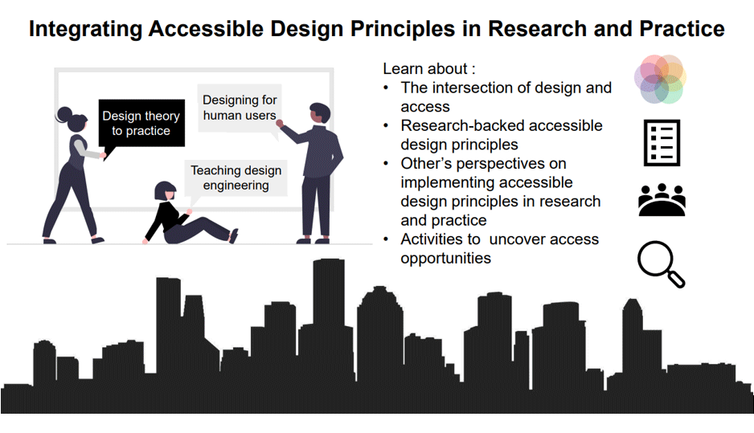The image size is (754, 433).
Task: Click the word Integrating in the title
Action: point(85,29)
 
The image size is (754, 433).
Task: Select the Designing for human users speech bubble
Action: point(240,109)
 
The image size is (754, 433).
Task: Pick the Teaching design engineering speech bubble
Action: point(236,180)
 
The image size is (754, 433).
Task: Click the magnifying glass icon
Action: point(661,263)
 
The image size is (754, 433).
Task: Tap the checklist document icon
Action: point(662,143)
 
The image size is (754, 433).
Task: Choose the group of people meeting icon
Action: point(662,199)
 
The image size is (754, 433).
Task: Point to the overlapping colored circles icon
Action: point(660,79)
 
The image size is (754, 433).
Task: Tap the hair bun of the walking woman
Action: point(64,114)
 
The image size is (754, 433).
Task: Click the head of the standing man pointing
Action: point(319,113)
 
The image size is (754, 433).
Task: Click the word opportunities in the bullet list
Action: point(446,259)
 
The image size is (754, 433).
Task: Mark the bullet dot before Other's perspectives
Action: point(386,164)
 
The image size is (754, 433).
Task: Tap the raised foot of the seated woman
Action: point(234,236)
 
